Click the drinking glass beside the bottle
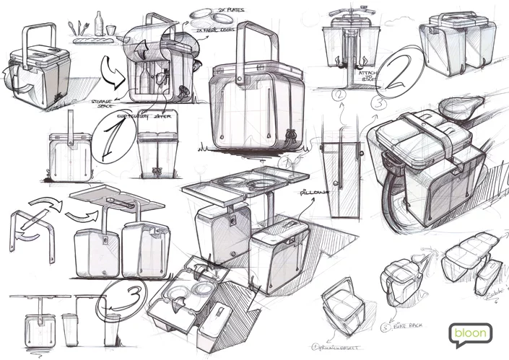pyautogui.click(x=110, y=30)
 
